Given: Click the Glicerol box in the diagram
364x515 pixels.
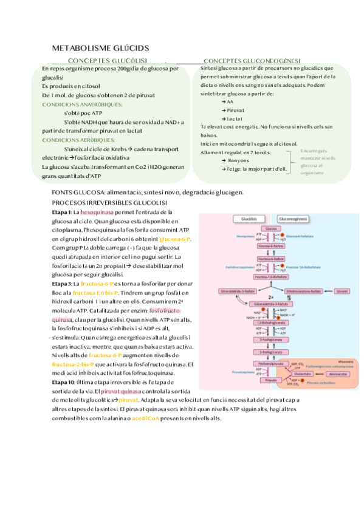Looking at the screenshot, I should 341,292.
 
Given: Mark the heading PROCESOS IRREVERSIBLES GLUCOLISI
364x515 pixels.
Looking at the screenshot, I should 109,202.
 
